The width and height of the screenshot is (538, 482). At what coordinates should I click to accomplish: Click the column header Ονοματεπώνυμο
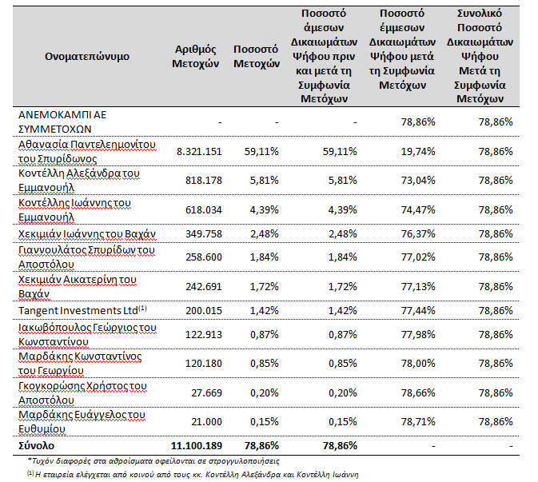(87, 56)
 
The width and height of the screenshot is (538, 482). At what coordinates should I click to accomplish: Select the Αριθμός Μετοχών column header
(195, 56)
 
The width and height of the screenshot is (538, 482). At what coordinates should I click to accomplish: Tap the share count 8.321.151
(199, 151)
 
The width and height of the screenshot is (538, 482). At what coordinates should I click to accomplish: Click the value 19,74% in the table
(418, 151)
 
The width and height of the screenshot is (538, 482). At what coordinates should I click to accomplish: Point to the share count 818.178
(204, 180)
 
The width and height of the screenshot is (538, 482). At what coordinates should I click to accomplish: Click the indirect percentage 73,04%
(418, 180)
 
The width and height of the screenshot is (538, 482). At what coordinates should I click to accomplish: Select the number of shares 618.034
(204, 209)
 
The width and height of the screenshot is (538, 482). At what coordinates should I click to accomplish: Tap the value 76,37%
(418, 233)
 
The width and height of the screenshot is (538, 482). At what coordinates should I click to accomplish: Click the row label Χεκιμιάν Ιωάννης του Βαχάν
(87, 234)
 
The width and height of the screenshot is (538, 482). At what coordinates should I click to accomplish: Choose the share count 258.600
(204, 257)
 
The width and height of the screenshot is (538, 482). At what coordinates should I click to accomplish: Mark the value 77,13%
(418, 286)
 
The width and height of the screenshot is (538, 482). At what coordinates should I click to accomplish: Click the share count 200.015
(204, 310)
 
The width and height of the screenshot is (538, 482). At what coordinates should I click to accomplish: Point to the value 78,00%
(418, 364)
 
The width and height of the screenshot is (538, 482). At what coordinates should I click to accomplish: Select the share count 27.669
(206, 392)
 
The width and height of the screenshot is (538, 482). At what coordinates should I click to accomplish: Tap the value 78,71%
(418, 421)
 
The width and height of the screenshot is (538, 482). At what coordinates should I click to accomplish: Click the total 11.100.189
(197, 446)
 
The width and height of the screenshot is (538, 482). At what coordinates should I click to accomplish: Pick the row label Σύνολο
(36, 446)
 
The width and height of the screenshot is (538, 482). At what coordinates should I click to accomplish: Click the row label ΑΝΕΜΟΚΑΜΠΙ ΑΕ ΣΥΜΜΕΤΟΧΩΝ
(62, 121)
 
